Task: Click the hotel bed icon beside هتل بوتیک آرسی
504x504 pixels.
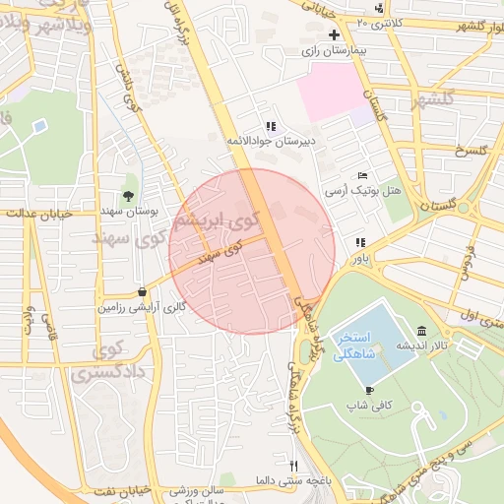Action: pyautogui.click(x=362, y=175)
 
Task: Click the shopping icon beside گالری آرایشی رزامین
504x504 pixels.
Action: pyautogui.click(x=144, y=291)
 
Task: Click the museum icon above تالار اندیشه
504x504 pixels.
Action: pyautogui.click(x=421, y=330)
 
